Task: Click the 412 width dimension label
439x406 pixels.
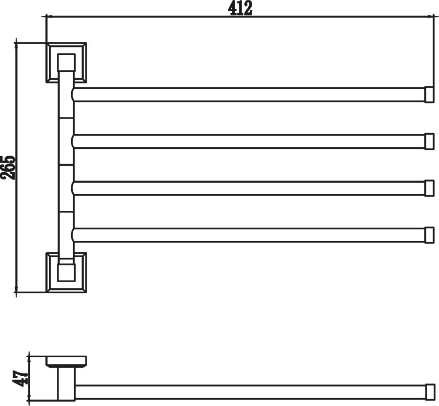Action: [x=240, y=8]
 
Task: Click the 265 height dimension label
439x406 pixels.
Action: [x=8, y=167]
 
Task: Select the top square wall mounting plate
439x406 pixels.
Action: [x=66, y=63]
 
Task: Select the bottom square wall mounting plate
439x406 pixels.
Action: [x=66, y=272]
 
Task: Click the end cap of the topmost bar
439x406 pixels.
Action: [x=429, y=95]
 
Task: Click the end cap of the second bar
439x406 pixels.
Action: [x=429, y=142]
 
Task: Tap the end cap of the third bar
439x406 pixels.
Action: [x=429, y=188]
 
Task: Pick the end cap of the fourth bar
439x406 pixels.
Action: [x=429, y=235]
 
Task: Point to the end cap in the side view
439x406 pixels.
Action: [x=430, y=392]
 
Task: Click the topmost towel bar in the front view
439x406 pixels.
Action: [x=248, y=95]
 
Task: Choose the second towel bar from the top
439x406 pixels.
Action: [x=248, y=142]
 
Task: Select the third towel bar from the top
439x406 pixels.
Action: [x=248, y=188]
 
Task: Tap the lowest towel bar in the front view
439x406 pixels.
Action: [x=248, y=235]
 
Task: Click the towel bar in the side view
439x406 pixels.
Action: [x=251, y=392]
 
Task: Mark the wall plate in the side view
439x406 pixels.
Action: [x=66, y=361]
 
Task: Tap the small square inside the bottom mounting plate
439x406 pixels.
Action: [x=66, y=272]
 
